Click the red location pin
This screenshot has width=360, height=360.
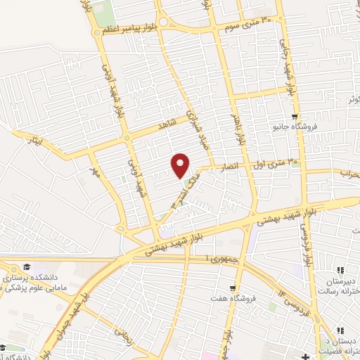[x=181, y=165]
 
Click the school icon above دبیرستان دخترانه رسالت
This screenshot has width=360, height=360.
[x=340, y=270]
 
